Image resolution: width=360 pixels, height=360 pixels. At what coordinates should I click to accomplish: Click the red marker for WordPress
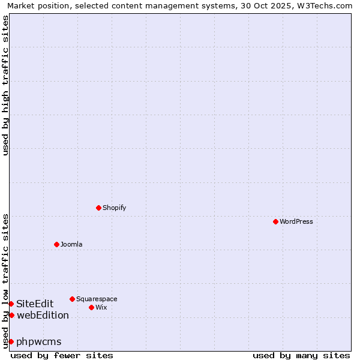click(x=275, y=221)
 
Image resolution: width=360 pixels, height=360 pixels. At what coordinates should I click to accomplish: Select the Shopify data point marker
click(x=98, y=208)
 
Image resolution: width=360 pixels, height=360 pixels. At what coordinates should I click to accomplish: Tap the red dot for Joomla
click(x=56, y=244)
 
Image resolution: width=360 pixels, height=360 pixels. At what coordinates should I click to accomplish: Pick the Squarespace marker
click(x=72, y=299)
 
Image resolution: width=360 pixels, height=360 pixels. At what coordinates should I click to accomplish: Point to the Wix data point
click(x=91, y=307)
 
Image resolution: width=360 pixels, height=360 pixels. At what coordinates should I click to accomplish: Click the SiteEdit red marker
click(x=11, y=304)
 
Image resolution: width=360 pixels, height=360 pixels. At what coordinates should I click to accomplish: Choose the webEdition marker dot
click(x=11, y=315)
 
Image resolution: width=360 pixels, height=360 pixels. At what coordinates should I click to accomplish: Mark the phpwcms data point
click(x=11, y=341)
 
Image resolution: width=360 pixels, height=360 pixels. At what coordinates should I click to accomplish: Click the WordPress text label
click(x=296, y=221)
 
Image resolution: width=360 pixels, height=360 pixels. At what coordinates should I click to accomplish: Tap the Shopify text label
click(x=115, y=208)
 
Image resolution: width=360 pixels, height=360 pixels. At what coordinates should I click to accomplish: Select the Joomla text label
click(x=71, y=244)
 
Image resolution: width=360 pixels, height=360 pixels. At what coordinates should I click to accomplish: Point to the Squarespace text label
click(x=97, y=299)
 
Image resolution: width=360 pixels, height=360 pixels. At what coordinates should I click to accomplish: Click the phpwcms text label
click(x=39, y=341)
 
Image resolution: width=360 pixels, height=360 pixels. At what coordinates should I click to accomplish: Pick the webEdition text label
click(x=43, y=315)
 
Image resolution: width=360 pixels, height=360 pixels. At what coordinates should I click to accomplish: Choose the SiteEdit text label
click(x=35, y=304)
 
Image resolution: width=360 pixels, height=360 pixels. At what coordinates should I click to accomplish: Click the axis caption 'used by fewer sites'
click(x=62, y=355)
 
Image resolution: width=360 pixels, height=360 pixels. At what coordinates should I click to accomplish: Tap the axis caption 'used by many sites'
click(x=301, y=355)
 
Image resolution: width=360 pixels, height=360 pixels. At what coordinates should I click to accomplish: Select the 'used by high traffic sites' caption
click(x=5, y=85)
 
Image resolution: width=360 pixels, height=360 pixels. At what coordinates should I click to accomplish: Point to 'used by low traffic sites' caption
click(x=5, y=280)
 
